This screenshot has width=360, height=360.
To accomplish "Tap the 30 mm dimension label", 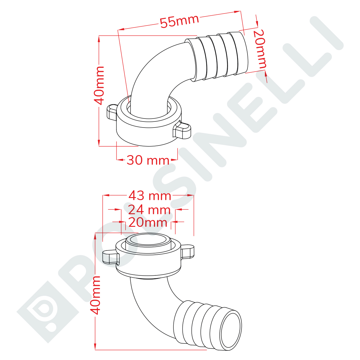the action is pyautogui.click(x=148, y=160).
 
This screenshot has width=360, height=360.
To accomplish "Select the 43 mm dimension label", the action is pyautogui.click(x=150, y=196).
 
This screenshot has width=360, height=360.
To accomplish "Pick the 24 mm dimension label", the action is pyautogui.click(x=149, y=210).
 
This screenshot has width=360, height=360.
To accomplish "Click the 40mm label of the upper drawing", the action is pyautogui.click(x=99, y=85).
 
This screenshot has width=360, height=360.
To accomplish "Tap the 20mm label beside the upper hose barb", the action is pyautogui.click(x=260, y=49).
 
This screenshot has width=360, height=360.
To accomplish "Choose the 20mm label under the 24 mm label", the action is pyautogui.click(x=148, y=223).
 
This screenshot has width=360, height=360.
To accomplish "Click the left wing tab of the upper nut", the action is pyautogui.click(x=112, y=112).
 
